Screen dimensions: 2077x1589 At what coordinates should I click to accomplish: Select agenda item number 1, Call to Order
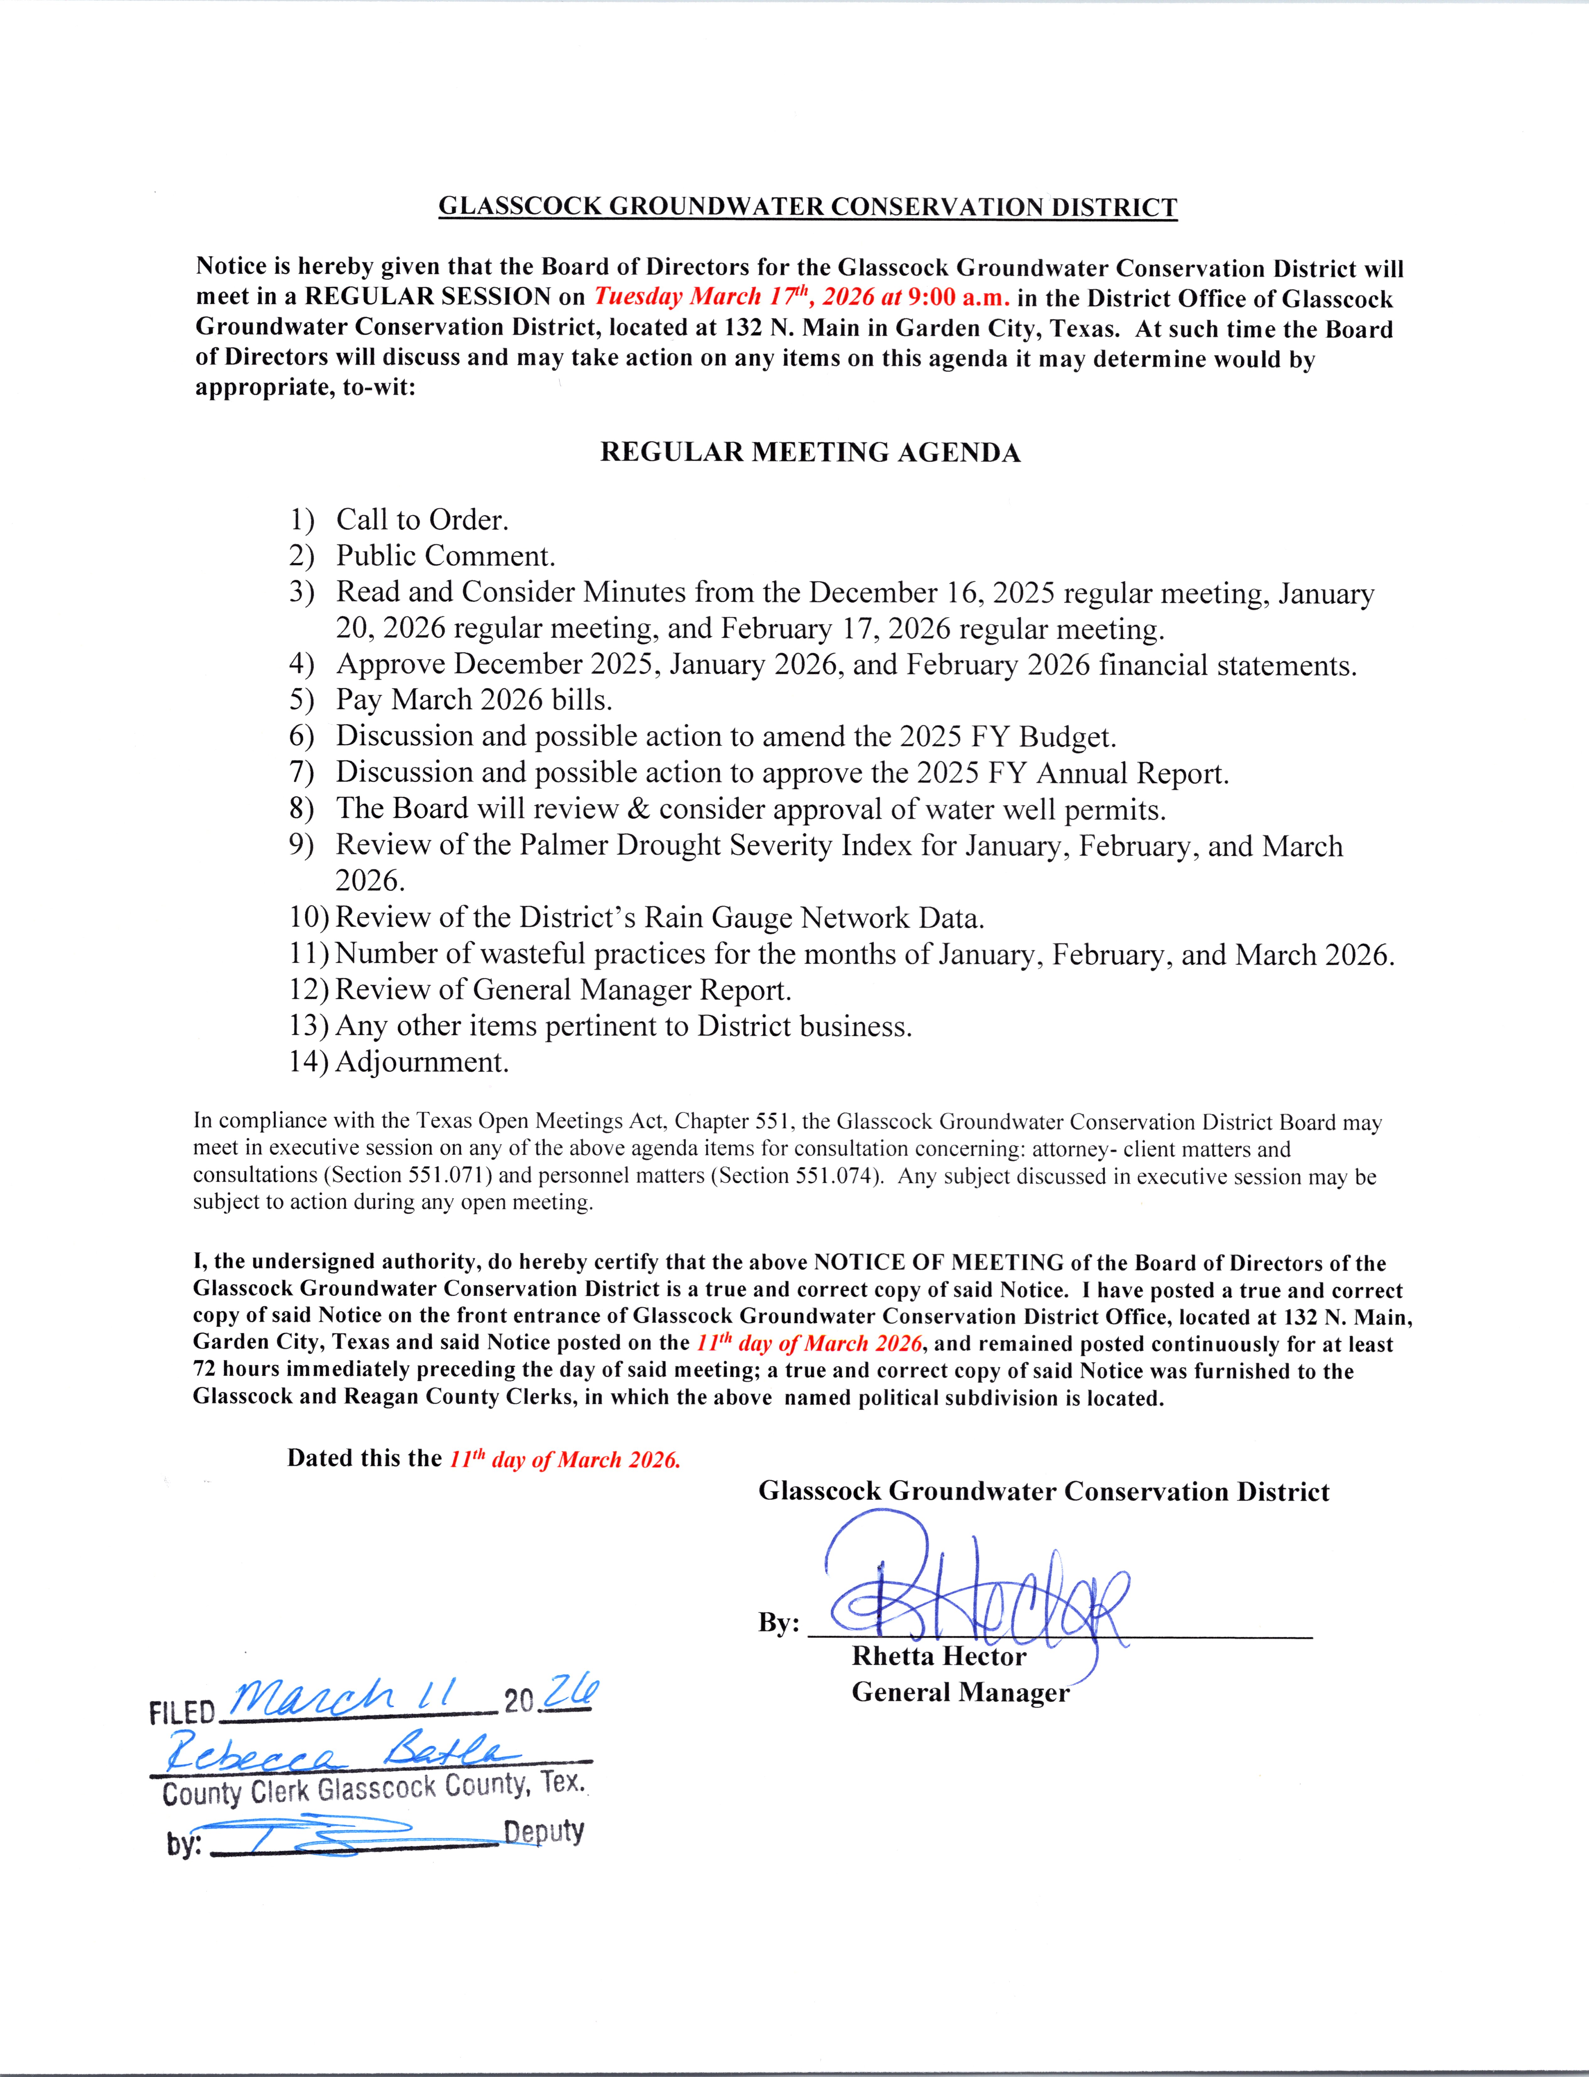tap(422, 519)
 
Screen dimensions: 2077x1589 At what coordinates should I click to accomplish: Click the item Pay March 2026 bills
tap(474, 700)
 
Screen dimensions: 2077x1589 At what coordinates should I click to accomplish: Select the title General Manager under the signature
tap(960, 1692)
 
